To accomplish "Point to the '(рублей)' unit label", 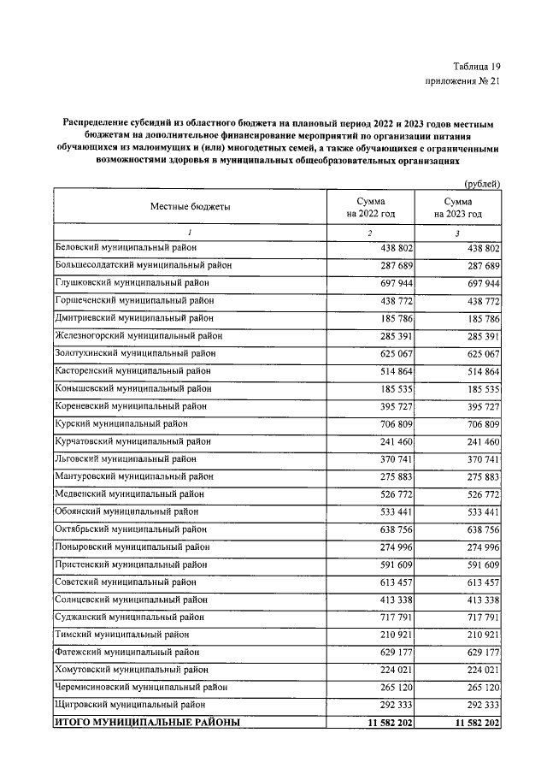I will point(482,183).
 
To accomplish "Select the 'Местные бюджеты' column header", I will point(191,206).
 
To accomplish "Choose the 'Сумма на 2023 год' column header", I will point(458,206).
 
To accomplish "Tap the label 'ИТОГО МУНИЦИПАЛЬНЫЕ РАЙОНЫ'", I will point(147,723).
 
